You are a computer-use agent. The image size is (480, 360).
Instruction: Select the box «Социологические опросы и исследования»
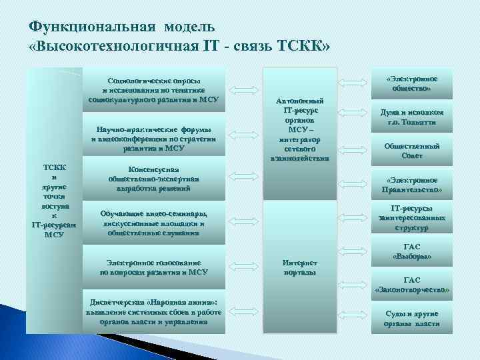pos(153,90)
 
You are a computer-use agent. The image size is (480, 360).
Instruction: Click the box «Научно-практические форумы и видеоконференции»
pos(153,139)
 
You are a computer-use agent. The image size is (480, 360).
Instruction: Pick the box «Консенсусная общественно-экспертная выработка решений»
pos(153,179)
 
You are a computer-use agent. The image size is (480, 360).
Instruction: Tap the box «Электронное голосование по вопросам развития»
pos(153,267)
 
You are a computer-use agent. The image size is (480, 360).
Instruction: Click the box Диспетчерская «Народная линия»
pos(153,311)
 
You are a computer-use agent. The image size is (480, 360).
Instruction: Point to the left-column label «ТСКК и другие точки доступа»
pos(53,198)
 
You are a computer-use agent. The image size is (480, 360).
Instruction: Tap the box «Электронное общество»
pos(411,83)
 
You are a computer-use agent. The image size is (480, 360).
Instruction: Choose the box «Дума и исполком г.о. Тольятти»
pos(411,118)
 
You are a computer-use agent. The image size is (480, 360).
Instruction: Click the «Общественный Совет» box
pos(411,151)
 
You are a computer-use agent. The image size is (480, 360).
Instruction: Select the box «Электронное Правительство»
pos(411,185)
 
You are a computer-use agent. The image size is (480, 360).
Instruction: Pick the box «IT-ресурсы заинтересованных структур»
pos(411,218)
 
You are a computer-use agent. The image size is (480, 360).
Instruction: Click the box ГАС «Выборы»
pos(411,251)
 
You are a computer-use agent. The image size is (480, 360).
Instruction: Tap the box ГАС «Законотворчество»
pos(411,285)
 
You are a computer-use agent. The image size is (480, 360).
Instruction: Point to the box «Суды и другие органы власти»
pos(411,318)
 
